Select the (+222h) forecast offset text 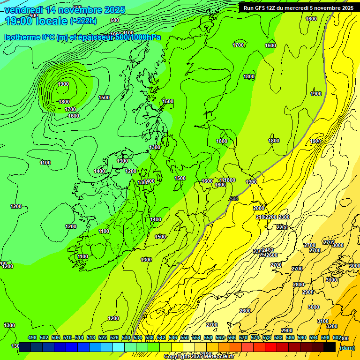coord(83,21)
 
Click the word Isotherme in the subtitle coord(22,37)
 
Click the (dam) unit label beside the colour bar coord(347,347)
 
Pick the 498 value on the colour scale coord(32,338)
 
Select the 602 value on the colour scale coord(337,338)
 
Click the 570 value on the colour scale coord(243,338)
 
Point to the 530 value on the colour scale coord(126,338)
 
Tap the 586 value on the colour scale coord(290,338)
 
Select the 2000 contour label coord(259,208)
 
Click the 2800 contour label coord(299,285)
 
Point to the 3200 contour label coord(331,326)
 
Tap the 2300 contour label coord(284,217)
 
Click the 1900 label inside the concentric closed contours coord(63,84)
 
